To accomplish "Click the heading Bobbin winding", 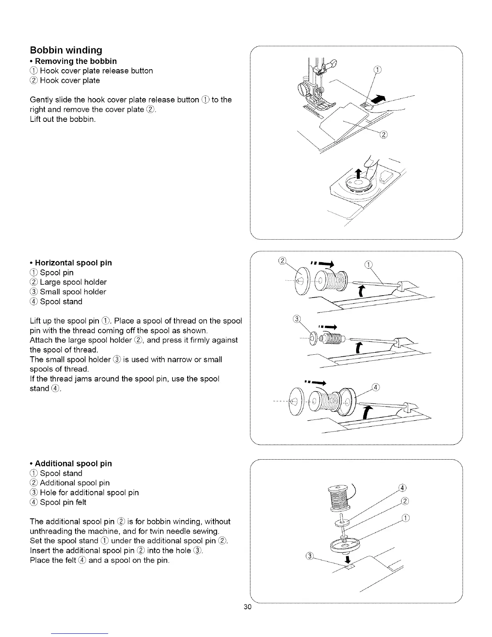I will click(66, 50).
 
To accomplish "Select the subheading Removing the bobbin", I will click(74, 61).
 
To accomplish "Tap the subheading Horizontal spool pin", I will click(71, 263).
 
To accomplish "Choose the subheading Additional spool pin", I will click(71, 463).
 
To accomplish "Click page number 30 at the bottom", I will click(247, 607).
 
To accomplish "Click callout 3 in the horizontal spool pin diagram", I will click(297, 320).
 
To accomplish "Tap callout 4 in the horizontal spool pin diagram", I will click(375, 387).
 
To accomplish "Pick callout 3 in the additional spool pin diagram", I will click(309, 556).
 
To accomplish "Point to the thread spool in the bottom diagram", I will click(338, 499).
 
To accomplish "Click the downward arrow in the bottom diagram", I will click(347, 559).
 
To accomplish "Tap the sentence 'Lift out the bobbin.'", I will click(63, 119).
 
